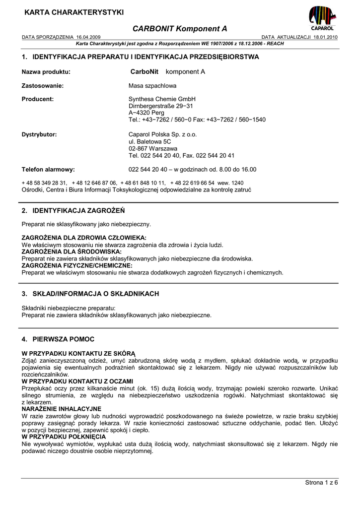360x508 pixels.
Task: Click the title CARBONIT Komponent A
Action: pos(180,29)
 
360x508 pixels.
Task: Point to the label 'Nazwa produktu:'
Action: pos(46,71)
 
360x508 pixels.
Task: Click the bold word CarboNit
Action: pos(144,71)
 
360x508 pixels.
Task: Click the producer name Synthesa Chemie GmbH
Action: pos(162,99)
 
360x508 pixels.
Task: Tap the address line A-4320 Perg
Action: pos(146,113)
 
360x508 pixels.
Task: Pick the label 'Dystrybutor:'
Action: pos(39,134)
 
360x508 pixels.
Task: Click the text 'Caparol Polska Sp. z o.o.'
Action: pos(163,134)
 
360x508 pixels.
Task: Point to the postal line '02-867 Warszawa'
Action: pos(152,148)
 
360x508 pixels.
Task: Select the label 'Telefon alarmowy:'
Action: pos(48,169)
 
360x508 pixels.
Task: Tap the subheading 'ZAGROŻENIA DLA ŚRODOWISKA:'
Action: pos(72,252)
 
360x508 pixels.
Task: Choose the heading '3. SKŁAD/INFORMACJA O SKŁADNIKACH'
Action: pos(90,294)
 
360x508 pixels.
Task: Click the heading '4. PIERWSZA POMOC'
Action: pos(58,339)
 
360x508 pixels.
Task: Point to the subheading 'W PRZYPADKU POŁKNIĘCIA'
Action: pos(64,437)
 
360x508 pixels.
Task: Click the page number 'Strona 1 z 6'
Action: pos(321,482)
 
